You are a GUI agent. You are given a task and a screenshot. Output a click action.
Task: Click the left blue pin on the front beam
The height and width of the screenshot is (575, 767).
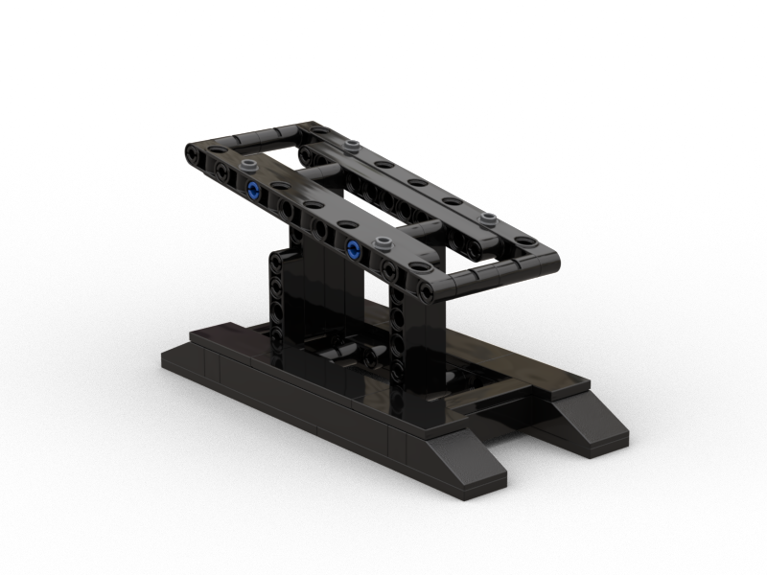tap(253, 189)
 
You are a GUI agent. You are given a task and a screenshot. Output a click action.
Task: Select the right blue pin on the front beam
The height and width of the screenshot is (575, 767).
tap(354, 250)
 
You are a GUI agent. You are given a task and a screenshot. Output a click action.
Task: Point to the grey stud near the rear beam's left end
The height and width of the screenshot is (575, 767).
tap(354, 145)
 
